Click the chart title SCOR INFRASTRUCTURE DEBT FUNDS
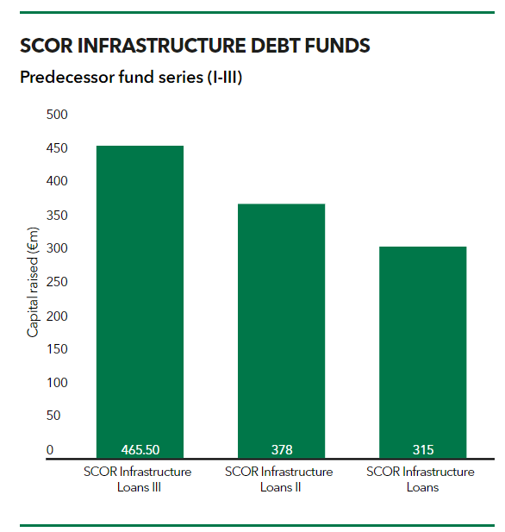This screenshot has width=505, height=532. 195,46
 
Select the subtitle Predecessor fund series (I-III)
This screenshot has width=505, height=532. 131,78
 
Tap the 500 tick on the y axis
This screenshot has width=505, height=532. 57,115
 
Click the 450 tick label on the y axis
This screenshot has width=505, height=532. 57,148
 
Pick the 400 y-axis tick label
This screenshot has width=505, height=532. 57,182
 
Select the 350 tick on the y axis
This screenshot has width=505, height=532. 57,216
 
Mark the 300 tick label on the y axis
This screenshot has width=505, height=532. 57,249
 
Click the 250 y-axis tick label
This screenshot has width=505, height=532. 57,282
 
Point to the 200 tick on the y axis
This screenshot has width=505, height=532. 57,316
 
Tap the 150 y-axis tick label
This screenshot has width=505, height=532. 57,349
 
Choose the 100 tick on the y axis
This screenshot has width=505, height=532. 57,383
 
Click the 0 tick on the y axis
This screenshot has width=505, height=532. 50,450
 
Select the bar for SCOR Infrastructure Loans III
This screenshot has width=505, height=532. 140,293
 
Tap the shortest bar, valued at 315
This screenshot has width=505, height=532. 422,345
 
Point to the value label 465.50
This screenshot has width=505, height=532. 140,450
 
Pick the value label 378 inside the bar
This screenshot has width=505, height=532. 281,450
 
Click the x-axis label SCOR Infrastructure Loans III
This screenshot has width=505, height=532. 138,479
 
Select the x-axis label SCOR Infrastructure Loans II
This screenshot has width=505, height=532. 279,479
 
